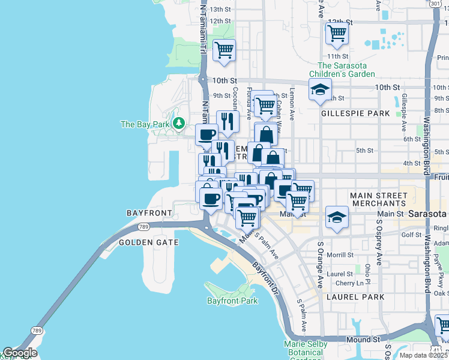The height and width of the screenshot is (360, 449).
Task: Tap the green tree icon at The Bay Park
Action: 178,124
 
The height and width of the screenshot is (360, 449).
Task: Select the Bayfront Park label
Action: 232,300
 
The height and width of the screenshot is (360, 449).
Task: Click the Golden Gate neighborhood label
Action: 148,242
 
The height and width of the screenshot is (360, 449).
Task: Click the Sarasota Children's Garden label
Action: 346,70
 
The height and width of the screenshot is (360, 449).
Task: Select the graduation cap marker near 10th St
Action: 320,90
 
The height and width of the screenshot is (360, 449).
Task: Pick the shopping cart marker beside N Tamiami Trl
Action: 224,51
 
